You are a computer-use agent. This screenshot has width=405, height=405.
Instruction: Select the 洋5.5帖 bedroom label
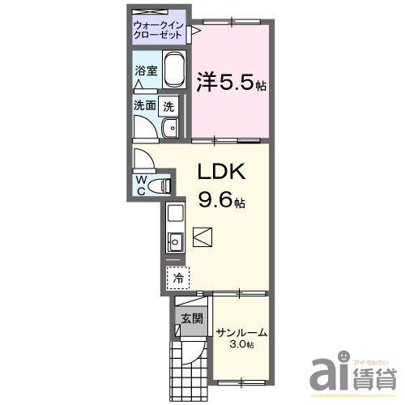pos(231,83)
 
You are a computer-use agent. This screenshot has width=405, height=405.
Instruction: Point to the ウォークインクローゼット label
pos(160,31)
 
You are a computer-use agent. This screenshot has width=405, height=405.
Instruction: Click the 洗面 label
pos(145,105)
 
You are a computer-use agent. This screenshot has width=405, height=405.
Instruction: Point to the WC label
pos(142,184)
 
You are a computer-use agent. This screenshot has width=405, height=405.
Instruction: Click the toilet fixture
pos(164,185)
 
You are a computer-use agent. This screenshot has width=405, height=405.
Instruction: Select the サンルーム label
pos(241,332)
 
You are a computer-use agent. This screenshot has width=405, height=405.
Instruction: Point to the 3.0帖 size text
pos(241,345)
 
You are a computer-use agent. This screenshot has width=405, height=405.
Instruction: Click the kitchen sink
pos(175,241)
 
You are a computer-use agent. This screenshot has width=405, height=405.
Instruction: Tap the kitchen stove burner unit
pos(175,215)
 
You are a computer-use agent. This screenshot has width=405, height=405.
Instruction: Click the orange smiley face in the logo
pos(343,356)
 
